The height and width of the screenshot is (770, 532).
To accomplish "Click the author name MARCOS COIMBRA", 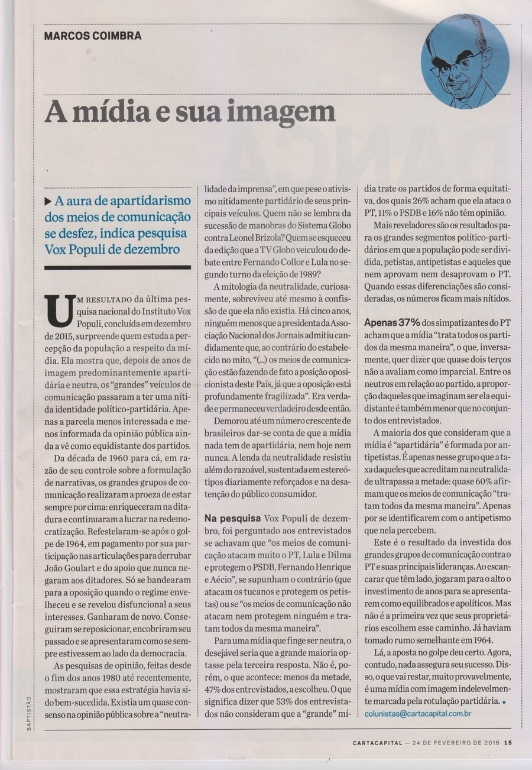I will click(93, 35).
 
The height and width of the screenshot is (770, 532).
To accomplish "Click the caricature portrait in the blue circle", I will click(465, 62).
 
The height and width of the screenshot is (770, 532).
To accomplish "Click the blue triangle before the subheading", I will click(48, 200).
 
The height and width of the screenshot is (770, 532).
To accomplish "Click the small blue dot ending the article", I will click(504, 701).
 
